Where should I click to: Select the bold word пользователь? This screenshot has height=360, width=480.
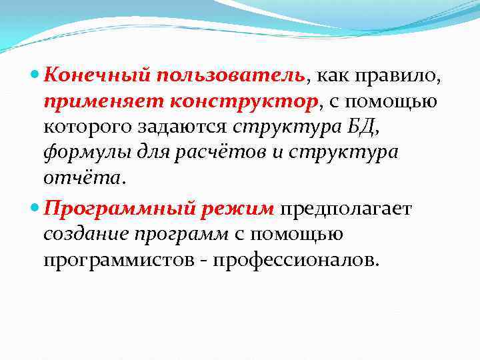click(x=231, y=76)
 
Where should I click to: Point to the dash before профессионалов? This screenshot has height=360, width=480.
click(x=204, y=259)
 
